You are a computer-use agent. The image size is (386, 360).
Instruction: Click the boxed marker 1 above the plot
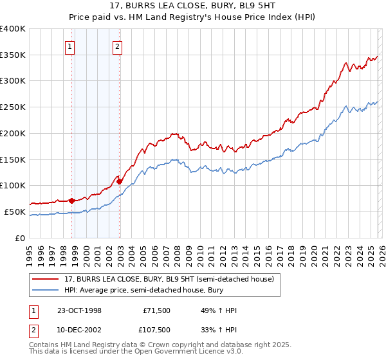tap(69, 46)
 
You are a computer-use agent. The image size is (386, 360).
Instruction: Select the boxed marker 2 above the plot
tap(118, 46)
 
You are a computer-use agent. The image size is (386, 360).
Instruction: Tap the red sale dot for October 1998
tap(72, 200)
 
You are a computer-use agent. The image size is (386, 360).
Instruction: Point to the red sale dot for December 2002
tap(120, 181)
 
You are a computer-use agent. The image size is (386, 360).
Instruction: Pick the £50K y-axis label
tap(15, 212)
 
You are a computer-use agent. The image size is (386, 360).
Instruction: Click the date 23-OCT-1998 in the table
tap(79, 310)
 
